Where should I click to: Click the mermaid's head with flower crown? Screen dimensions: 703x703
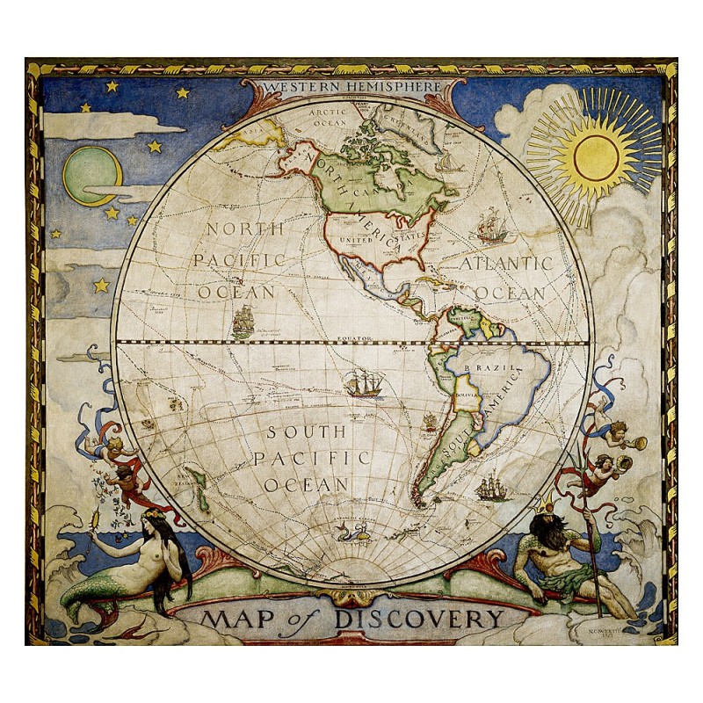tap(144, 519)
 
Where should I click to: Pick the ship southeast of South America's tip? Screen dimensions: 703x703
tap(489, 486)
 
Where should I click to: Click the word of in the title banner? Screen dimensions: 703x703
tap(308, 617)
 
